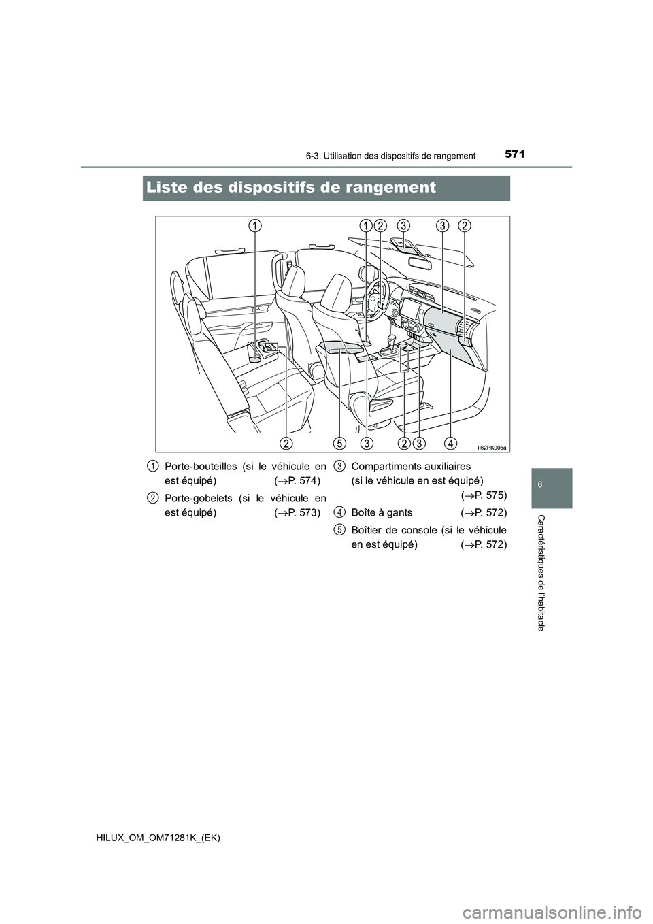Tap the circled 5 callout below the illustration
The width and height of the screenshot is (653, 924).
339,444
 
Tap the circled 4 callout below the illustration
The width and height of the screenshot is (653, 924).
450,444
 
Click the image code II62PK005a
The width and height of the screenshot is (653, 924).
492,447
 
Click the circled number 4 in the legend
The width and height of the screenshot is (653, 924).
338,512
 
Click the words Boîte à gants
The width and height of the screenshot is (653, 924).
382,512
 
